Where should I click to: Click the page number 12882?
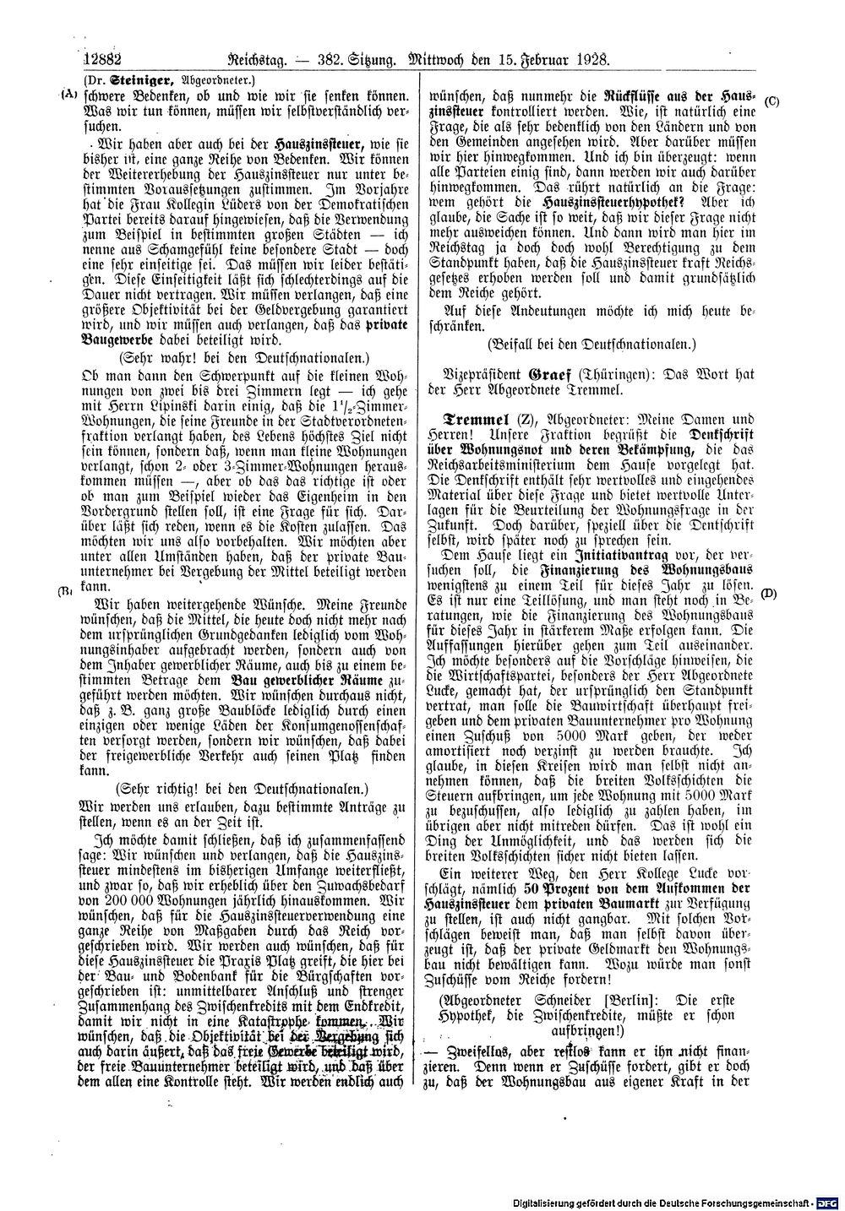click(x=105, y=60)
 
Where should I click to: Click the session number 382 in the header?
click(x=319, y=60)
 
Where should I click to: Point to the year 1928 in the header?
click(x=590, y=60)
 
